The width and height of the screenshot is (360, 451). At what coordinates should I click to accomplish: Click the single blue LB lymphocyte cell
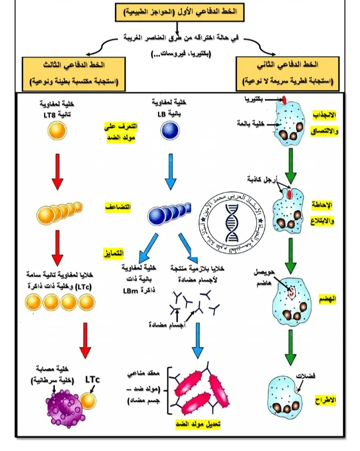point(170,131)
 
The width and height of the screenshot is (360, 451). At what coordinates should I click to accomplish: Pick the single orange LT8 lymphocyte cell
point(57,131)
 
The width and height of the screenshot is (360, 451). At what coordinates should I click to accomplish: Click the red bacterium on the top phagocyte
point(284,99)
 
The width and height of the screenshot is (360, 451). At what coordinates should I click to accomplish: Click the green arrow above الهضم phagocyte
point(291,253)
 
